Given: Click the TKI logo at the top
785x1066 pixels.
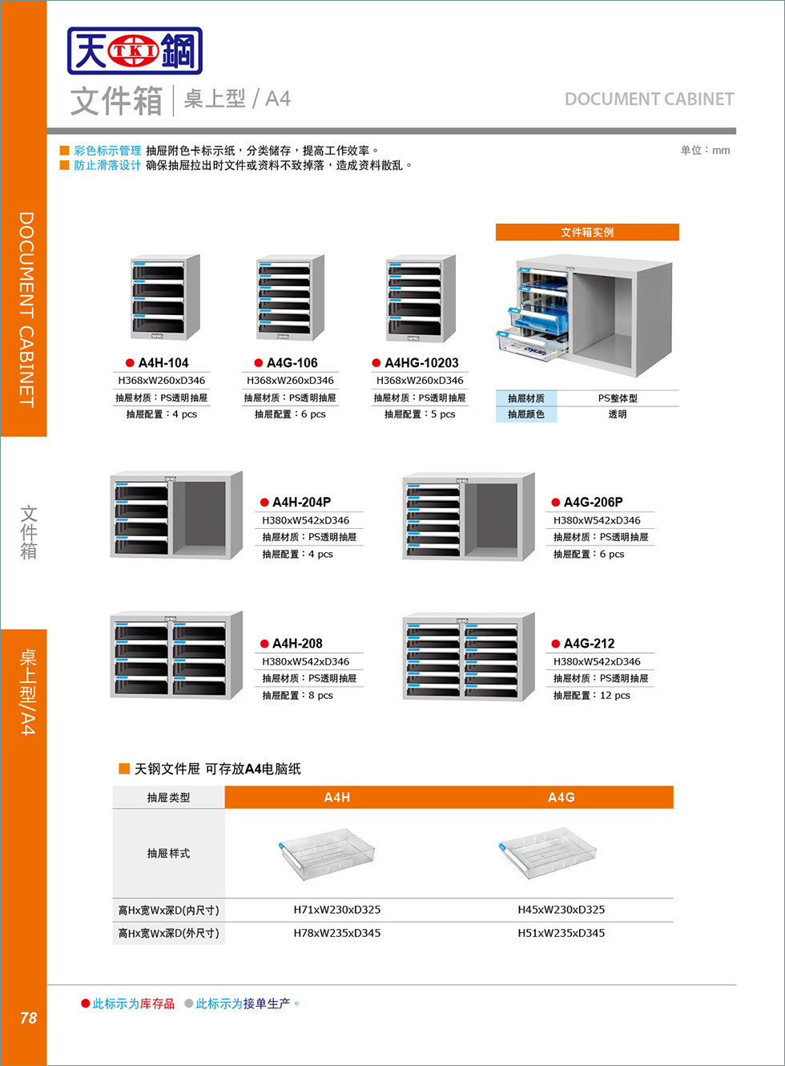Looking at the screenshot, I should pyautogui.click(x=135, y=51).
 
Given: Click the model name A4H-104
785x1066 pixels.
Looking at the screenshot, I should pyautogui.click(x=163, y=363).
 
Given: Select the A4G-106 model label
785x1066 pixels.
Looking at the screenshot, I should pyautogui.click(x=292, y=363).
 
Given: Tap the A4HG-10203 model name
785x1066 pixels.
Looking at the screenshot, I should pyautogui.click(x=421, y=363).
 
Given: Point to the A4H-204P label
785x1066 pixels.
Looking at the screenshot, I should pyautogui.click(x=301, y=503).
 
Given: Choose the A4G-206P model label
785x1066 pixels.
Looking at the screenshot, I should pyautogui.click(x=593, y=503).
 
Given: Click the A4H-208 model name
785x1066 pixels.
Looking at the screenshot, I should pyautogui.click(x=297, y=644).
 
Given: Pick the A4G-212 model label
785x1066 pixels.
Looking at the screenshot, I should pyautogui.click(x=589, y=644).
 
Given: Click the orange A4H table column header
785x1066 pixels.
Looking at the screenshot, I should pyautogui.click(x=336, y=797).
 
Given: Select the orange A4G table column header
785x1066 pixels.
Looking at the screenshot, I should pyautogui.click(x=561, y=797).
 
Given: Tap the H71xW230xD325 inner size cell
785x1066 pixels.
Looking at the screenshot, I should pyautogui.click(x=336, y=910).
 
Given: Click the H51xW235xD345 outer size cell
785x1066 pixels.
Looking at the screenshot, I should pyautogui.click(x=561, y=933).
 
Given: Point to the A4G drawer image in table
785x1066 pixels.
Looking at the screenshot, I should pyautogui.click(x=548, y=853).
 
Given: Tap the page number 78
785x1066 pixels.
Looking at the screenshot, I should pyautogui.click(x=28, y=1018).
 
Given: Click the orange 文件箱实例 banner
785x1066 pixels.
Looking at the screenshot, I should pyautogui.click(x=587, y=232).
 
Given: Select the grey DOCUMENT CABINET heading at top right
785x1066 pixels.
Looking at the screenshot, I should pyautogui.click(x=649, y=99).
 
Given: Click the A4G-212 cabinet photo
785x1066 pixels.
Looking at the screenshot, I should pyautogui.click(x=469, y=657).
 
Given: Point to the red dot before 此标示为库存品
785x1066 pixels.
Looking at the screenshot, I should pyautogui.click(x=86, y=1003).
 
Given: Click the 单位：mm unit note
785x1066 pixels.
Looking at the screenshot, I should pyautogui.click(x=705, y=151).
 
